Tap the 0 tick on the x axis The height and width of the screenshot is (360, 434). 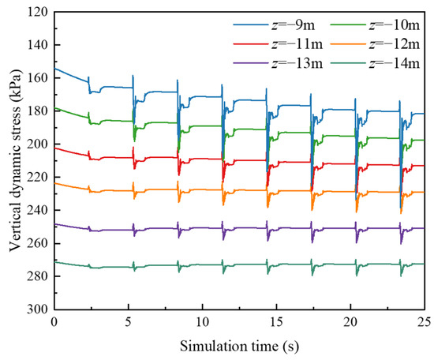pos(54,322)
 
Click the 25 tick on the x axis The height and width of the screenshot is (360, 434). pos(424,322)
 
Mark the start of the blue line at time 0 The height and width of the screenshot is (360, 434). pos(54,69)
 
